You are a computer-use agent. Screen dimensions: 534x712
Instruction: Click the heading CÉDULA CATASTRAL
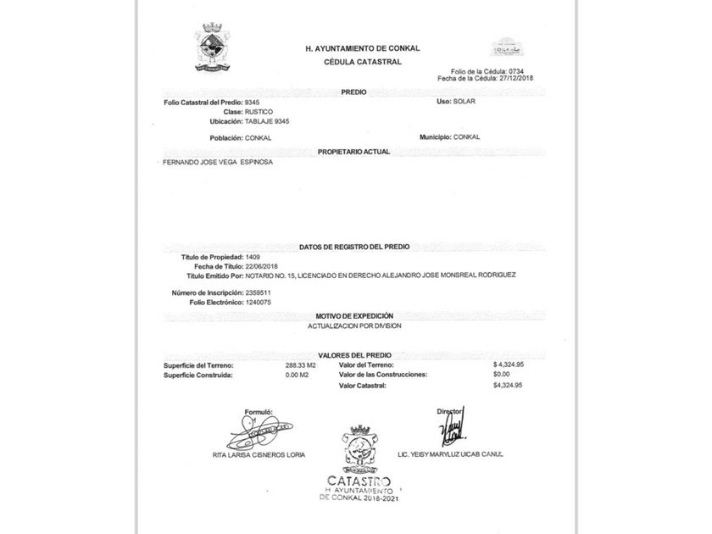click(362, 62)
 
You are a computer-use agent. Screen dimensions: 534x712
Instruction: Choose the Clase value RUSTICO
click(259, 111)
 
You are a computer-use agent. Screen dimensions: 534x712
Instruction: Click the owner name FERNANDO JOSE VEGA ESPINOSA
click(217, 161)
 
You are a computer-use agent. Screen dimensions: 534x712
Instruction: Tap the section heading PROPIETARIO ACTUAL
click(353, 151)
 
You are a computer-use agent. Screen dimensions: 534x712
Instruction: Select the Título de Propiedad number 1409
click(252, 256)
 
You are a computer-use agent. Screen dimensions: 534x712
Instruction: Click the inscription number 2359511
click(258, 292)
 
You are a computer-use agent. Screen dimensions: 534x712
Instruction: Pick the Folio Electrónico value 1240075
click(258, 302)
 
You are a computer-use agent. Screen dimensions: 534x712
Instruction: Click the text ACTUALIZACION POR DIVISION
click(354, 325)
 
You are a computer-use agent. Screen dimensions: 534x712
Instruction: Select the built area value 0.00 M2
click(298, 375)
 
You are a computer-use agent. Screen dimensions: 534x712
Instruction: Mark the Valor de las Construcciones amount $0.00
click(501, 374)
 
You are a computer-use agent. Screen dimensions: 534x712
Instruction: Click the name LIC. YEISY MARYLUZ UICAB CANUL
click(450, 454)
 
